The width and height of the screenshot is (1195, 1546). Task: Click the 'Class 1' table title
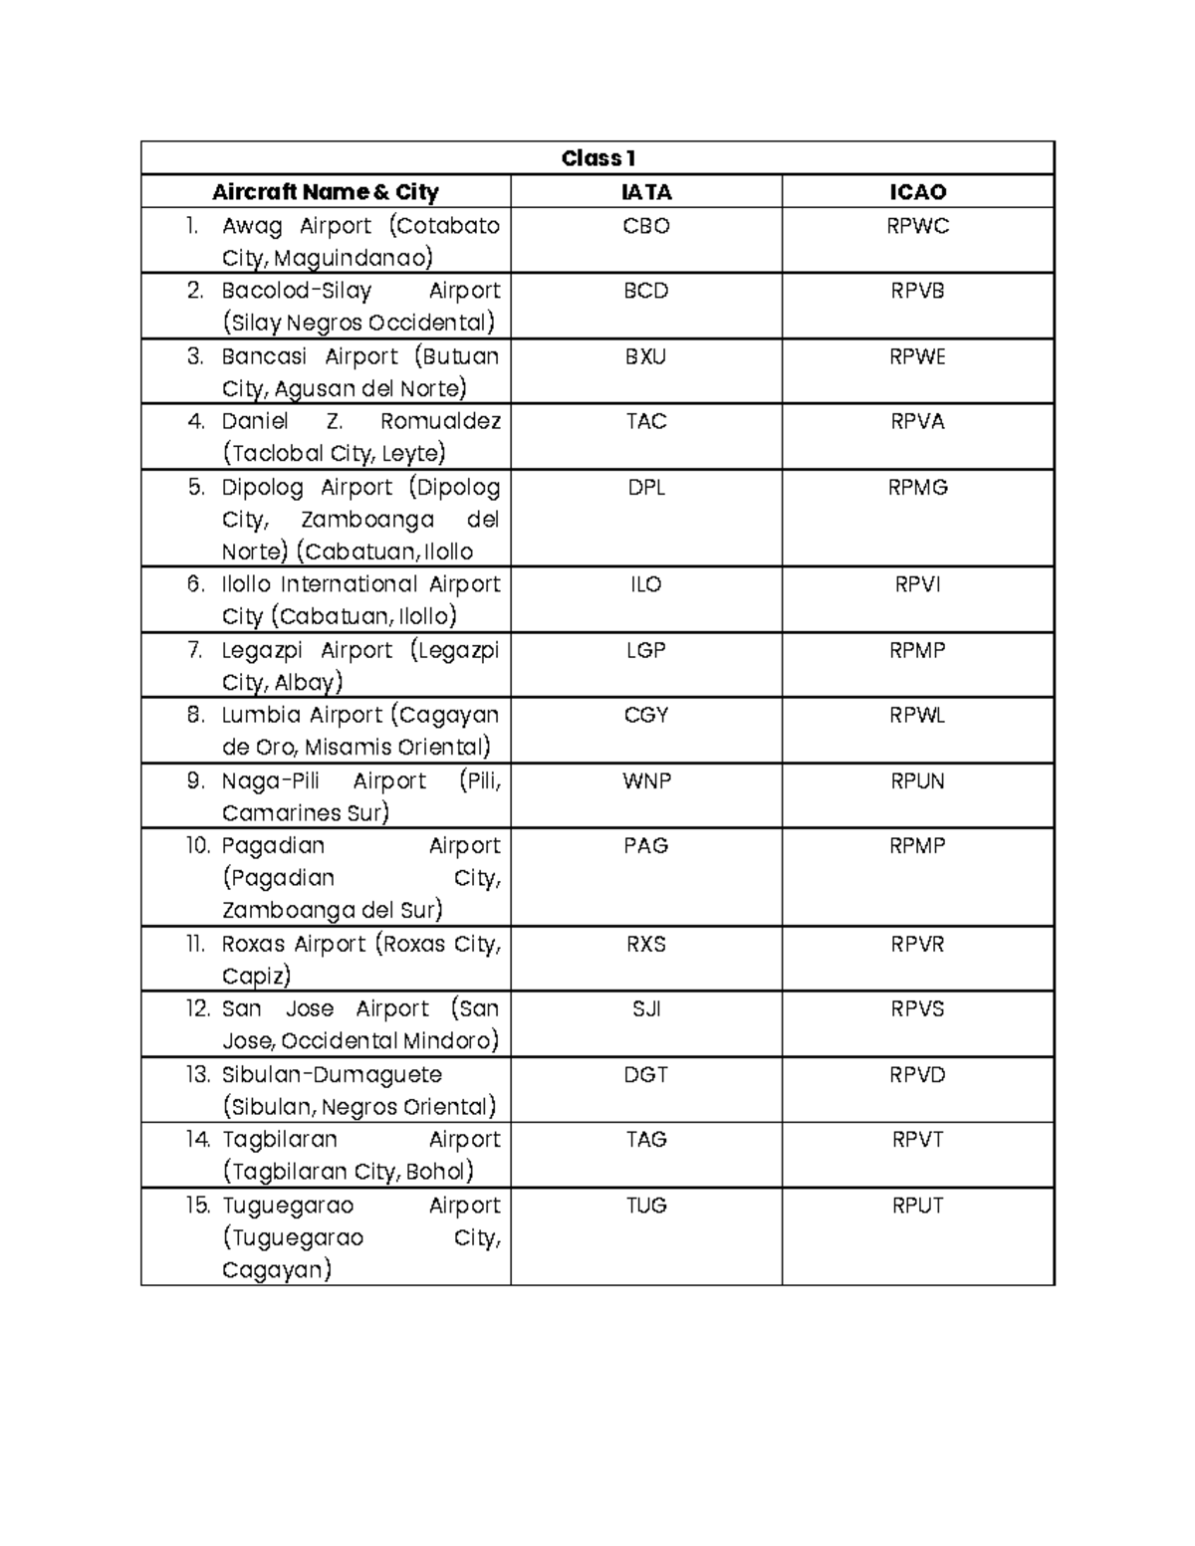pos(597,158)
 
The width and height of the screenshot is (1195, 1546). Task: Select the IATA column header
pos(646,192)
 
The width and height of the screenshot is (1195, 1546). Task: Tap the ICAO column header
pos(917,192)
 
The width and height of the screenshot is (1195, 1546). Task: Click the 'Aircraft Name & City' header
pos(326,192)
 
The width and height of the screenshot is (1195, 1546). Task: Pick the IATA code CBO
pos(646,226)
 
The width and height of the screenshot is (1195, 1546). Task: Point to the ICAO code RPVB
pos(917,291)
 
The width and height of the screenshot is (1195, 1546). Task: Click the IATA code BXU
pos(646,356)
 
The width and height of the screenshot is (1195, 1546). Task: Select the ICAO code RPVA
pos(917,421)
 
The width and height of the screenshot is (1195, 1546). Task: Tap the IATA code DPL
pos(646,487)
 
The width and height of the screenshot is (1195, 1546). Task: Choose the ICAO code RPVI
pos(917,584)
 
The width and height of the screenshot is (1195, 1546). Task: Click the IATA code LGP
pos(646,650)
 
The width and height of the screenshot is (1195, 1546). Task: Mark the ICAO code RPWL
pos(917,715)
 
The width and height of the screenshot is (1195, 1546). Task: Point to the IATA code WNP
pos(646,780)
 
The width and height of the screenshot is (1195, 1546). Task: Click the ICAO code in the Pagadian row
pos(917,845)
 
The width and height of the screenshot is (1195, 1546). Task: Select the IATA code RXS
pos(646,944)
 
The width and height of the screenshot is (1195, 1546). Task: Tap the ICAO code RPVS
pos(917,1008)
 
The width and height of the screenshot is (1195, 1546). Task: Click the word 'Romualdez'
pos(440,421)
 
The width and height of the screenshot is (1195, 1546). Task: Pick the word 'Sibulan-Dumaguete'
pos(332,1074)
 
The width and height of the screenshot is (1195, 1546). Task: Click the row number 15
pos(198,1205)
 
